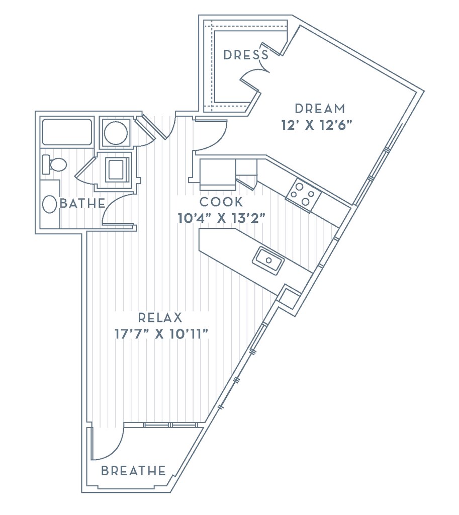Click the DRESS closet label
(x=246, y=55)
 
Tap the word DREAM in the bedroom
(x=320, y=109)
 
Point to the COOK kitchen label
(x=221, y=202)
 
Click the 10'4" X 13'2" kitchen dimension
(x=221, y=218)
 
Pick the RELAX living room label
(x=159, y=318)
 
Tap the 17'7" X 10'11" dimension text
(x=161, y=334)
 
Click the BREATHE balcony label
(x=133, y=471)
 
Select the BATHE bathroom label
(x=83, y=204)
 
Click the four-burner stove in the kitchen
(x=303, y=194)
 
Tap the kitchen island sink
(x=268, y=260)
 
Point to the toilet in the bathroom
(x=54, y=164)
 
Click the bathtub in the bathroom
(x=67, y=132)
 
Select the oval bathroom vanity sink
(x=50, y=204)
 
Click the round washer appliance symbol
(x=116, y=132)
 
